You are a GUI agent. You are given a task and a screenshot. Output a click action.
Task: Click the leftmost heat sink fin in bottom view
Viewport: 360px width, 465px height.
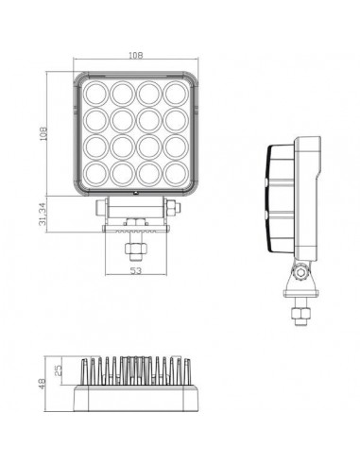pos(88,372)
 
